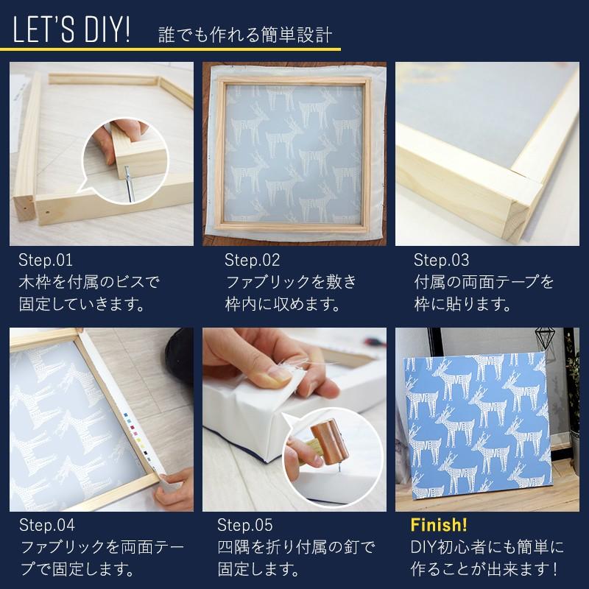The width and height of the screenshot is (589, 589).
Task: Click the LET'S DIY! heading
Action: click(71, 29)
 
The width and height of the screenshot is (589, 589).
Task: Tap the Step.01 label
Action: click(46, 260)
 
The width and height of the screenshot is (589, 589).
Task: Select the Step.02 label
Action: click(252, 260)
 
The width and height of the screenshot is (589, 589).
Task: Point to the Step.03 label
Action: click(441, 260)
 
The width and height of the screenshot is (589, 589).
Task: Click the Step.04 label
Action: click(47, 525)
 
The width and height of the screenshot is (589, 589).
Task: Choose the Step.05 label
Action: click(245, 525)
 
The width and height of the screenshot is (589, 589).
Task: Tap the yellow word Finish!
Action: click(439, 525)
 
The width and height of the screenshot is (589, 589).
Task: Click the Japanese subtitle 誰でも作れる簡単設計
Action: click(245, 35)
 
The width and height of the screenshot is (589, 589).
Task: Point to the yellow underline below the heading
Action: click(170, 49)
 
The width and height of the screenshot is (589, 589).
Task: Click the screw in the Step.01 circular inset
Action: click(128, 183)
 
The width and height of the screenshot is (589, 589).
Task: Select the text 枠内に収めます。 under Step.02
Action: click(283, 304)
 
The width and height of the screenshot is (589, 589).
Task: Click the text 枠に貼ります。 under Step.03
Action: click(462, 304)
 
